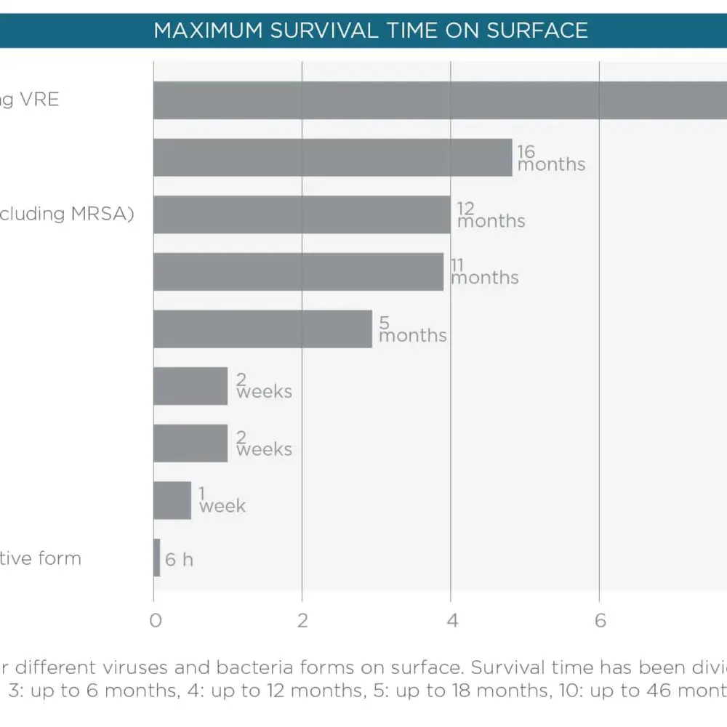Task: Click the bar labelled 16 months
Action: (332, 157)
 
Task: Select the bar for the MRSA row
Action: (302, 214)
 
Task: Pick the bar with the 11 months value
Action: (298, 272)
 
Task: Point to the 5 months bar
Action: (262, 329)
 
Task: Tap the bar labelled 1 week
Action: (172, 500)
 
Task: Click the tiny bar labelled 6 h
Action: (156, 558)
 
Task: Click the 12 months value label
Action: (491, 215)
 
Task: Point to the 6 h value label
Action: (179, 560)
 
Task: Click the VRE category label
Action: (40, 100)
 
